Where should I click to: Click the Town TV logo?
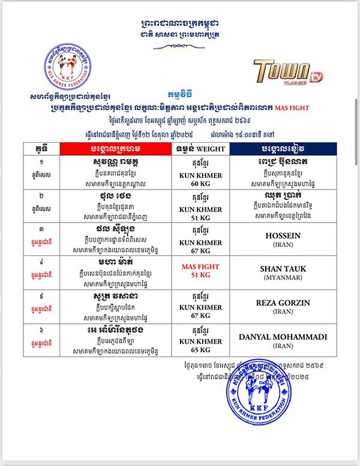click(283, 71)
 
